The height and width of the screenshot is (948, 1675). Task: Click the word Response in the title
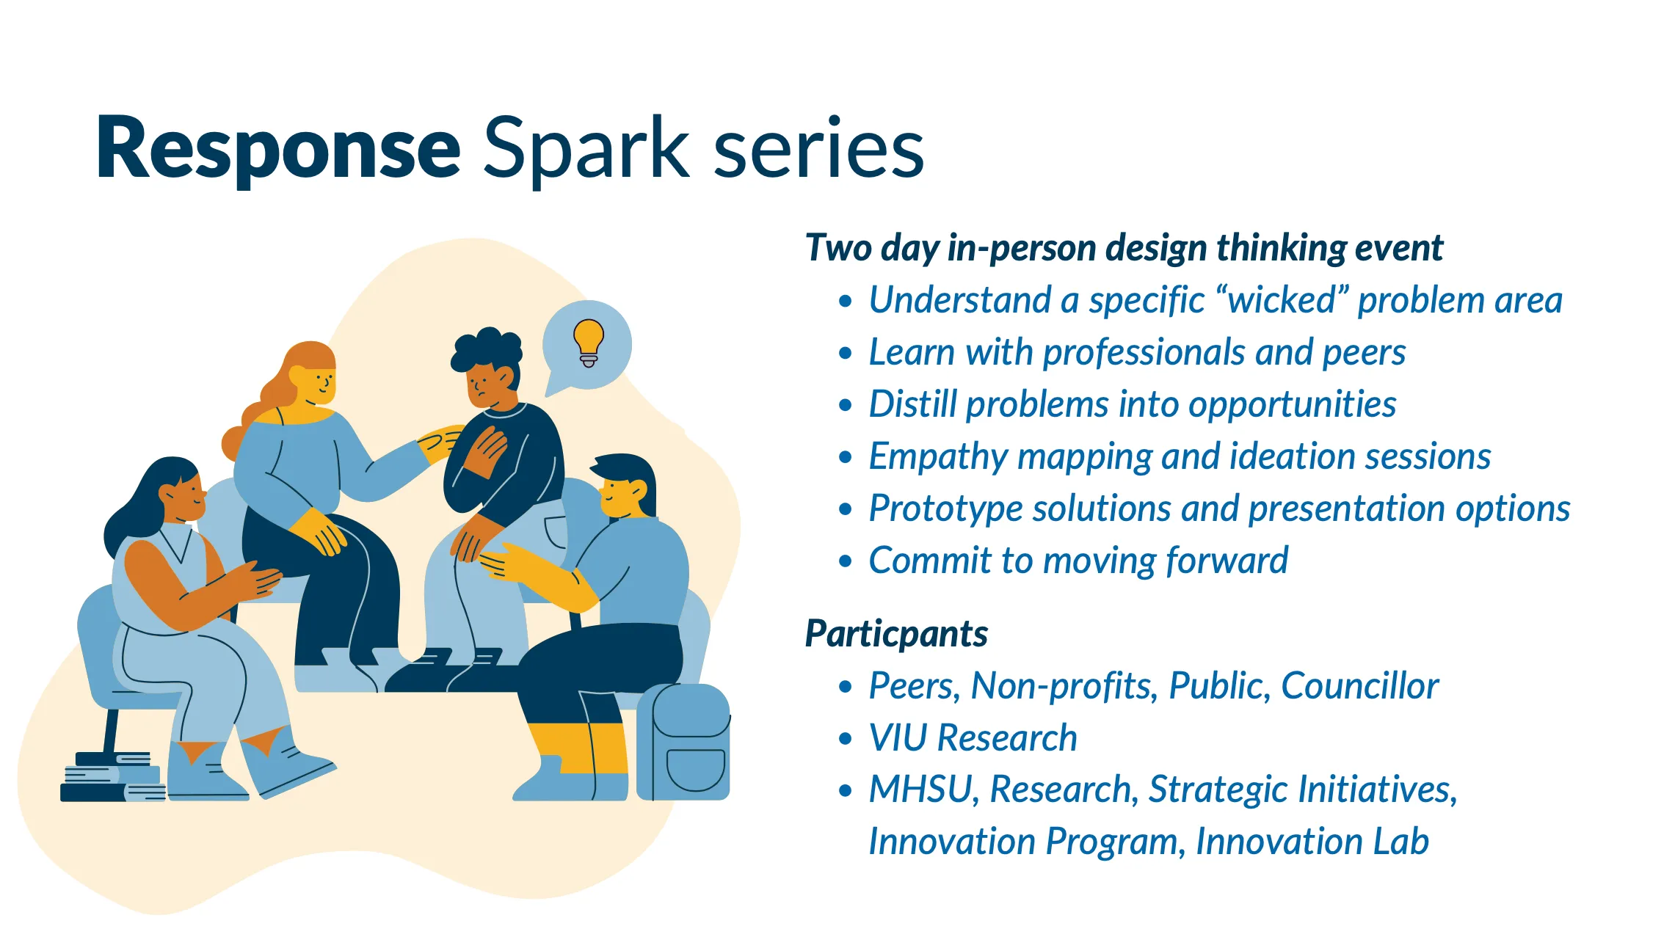[277, 149]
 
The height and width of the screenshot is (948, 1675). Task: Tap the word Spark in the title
[586, 149]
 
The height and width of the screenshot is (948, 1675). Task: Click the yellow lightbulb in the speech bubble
[588, 342]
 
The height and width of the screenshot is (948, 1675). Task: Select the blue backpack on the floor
[683, 743]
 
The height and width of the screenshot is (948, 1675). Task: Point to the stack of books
[110, 780]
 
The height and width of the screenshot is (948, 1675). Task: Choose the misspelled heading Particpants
[896, 633]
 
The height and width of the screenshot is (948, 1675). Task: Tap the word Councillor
[1359, 686]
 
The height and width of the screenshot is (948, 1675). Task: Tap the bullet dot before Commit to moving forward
[846, 561]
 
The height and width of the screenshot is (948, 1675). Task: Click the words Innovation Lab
[1312, 842]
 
